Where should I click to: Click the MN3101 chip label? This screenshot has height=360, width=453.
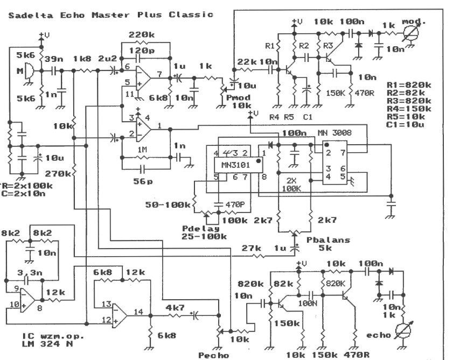click(x=232, y=163)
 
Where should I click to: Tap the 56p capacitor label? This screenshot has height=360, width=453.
click(x=141, y=182)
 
